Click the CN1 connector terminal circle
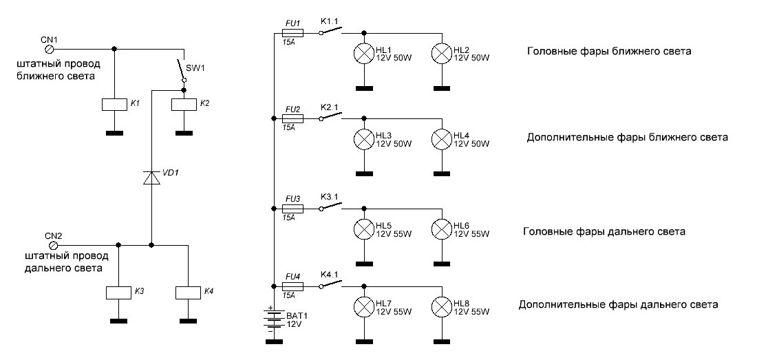49,50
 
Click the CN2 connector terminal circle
53,244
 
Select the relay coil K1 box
114,104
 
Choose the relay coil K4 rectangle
188,293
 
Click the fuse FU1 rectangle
293,32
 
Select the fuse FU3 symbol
293,208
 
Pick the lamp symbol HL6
440,229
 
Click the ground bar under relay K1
114,132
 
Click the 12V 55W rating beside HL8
471,312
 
